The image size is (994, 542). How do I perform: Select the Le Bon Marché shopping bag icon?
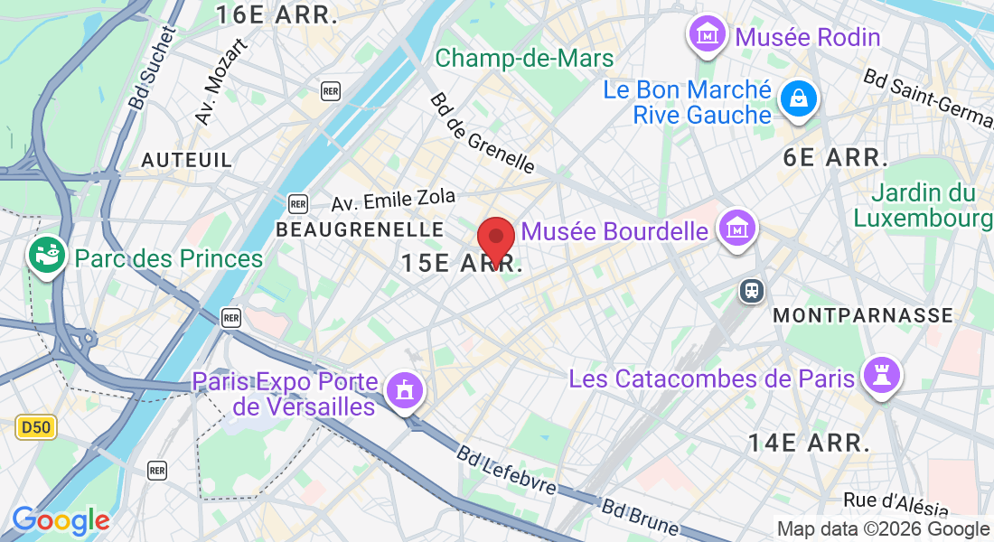(x=800, y=98)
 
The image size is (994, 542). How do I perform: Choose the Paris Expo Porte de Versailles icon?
(x=403, y=391)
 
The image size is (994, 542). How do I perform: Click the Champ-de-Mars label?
(x=524, y=60)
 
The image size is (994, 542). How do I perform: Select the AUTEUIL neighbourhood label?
(x=187, y=160)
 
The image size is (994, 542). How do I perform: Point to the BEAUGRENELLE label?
(x=360, y=229)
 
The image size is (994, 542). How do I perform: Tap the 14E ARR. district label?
(x=809, y=443)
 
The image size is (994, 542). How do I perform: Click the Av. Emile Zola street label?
(x=393, y=200)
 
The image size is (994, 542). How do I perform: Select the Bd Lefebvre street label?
(x=505, y=472)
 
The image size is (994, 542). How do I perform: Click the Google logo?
(x=61, y=520)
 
